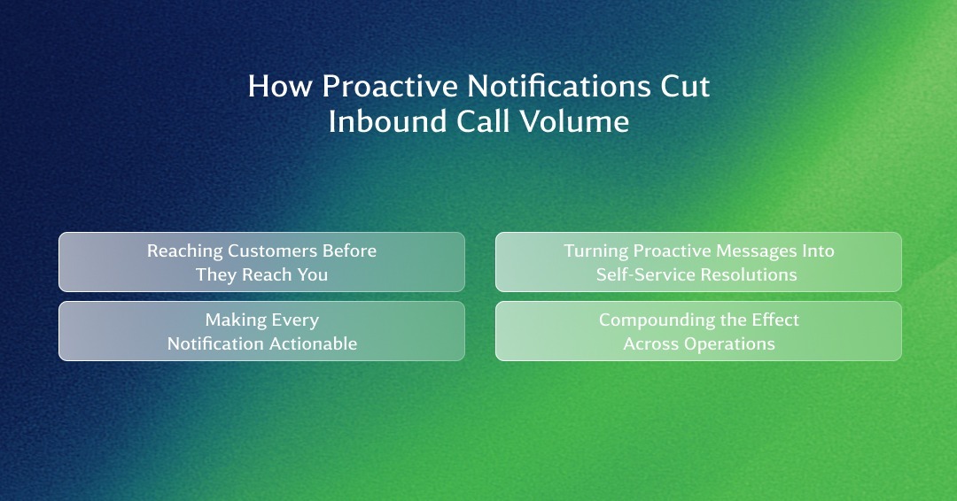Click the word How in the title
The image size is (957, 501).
[x=280, y=86]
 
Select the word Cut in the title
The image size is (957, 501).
[x=685, y=86]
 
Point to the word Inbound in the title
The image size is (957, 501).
[x=388, y=120]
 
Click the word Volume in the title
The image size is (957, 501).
[x=574, y=120]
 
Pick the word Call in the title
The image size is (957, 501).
[x=484, y=120]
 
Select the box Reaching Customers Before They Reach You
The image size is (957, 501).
[x=261, y=262]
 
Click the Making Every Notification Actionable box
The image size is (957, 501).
[x=261, y=331]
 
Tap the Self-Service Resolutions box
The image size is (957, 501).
[x=698, y=262]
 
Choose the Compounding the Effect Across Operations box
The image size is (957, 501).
[x=698, y=331]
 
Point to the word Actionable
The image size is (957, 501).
[x=313, y=343]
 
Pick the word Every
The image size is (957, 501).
[x=295, y=320]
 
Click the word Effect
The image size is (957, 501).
[x=775, y=320]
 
